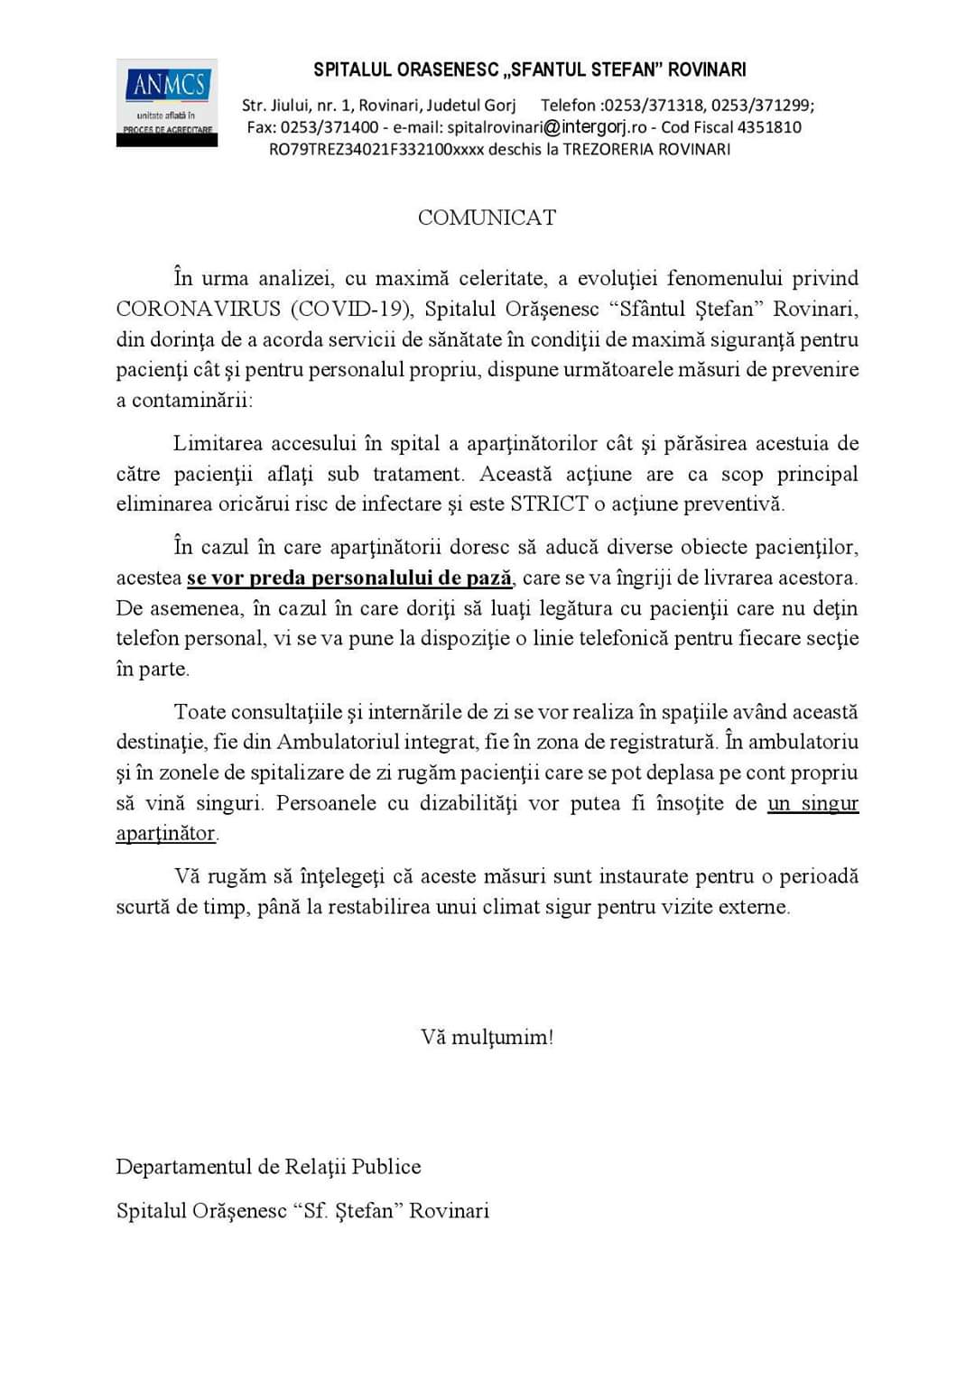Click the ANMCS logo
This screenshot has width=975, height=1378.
pos(167,102)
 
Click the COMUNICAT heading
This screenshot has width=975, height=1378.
pos(487,217)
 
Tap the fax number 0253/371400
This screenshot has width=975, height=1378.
pos(330,127)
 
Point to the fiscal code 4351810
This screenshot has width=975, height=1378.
pos(769,127)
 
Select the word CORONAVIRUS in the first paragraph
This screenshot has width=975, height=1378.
pos(198,310)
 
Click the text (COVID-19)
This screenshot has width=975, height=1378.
pos(351,310)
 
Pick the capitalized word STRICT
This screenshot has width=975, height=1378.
pos(549,504)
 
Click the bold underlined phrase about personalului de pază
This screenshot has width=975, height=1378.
pos(349,578)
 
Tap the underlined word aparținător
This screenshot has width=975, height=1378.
pos(166,833)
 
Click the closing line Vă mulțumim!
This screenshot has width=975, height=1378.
pos(487,1037)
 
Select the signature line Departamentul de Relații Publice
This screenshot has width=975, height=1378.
pos(268,1167)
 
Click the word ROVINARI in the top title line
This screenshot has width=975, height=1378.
pos(707,69)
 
